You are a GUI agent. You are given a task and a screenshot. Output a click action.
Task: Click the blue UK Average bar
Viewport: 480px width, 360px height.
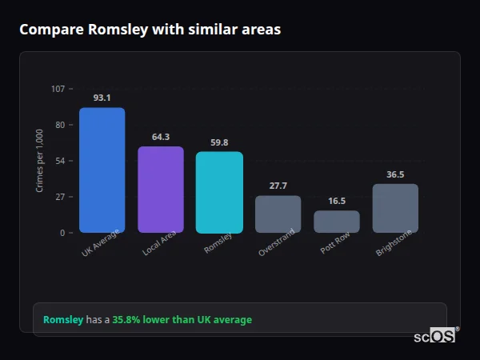click(x=102, y=170)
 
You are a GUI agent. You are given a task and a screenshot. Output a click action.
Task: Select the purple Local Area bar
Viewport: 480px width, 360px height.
click(x=161, y=190)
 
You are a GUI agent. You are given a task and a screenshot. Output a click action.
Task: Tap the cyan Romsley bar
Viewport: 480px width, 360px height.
click(x=219, y=192)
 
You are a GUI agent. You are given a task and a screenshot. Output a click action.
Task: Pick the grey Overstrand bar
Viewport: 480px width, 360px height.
click(x=278, y=214)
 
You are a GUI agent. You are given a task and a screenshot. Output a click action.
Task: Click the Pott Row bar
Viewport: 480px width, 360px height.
click(x=337, y=222)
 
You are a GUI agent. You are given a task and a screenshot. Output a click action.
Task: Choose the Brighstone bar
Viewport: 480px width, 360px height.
click(x=395, y=208)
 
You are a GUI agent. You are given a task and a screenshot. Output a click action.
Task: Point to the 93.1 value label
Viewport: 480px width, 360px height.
click(x=102, y=98)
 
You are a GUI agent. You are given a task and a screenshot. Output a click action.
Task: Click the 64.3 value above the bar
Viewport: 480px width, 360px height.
click(x=161, y=137)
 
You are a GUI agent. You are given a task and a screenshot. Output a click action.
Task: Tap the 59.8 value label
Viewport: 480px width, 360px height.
click(x=219, y=142)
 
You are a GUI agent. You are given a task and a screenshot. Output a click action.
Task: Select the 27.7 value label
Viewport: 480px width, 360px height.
click(x=278, y=186)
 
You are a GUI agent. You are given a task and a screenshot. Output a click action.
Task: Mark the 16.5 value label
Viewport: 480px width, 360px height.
click(x=337, y=202)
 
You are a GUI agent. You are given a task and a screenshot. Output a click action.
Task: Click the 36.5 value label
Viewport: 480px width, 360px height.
click(x=395, y=174)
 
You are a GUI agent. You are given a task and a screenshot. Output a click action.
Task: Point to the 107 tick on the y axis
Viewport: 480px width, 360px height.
click(x=58, y=89)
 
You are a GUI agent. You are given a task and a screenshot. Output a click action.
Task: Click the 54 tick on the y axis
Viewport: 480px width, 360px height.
click(x=60, y=161)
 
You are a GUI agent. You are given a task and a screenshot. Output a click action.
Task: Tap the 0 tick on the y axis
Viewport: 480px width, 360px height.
click(x=62, y=233)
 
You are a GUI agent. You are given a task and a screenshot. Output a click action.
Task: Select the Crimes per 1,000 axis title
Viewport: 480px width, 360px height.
click(x=40, y=161)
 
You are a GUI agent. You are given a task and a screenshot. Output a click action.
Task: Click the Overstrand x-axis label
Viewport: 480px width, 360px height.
click(x=278, y=242)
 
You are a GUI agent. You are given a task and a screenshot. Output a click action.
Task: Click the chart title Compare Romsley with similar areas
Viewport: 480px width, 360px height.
click(x=150, y=30)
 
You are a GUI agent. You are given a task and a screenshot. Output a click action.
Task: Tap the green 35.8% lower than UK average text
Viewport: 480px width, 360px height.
click(x=182, y=320)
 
